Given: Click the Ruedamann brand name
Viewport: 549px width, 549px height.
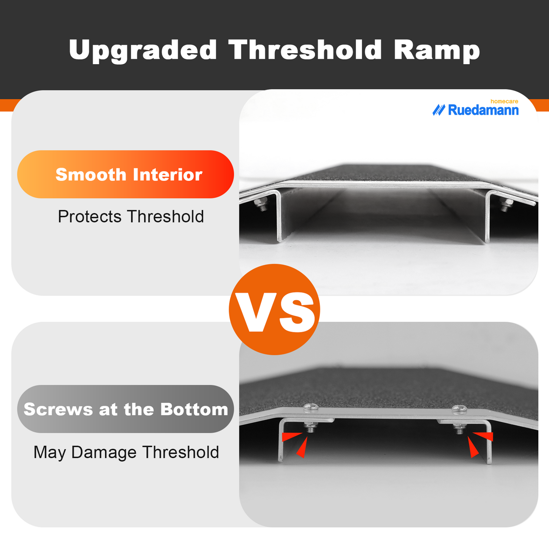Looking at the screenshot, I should (x=483, y=110).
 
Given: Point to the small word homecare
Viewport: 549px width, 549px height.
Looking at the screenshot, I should (x=504, y=101).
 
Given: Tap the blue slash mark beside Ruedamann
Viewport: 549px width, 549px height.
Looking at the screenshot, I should (x=438, y=110).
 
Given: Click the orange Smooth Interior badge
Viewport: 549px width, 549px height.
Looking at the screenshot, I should (x=125, y=174).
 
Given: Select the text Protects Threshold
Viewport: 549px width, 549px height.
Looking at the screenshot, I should (x=131, y=217).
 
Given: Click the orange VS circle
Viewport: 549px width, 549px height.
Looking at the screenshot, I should (x=274, y=309).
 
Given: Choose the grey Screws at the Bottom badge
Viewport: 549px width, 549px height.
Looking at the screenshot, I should (x=125, y=409).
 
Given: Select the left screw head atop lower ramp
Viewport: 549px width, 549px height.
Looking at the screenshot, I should (x=311, y=408).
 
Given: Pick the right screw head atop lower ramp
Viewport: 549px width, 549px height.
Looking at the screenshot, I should (x=459, y=410).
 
